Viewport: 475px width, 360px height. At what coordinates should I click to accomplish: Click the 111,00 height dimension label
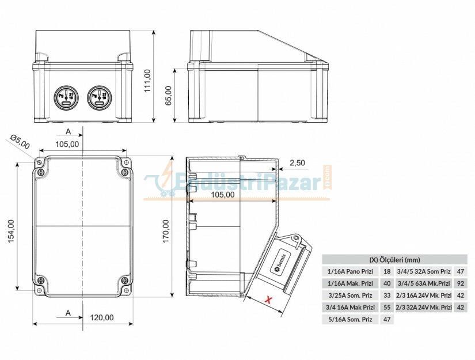(147, 81)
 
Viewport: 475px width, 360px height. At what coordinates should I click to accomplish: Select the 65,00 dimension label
(168, 96)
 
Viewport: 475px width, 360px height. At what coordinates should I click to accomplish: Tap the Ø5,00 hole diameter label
(20, 141)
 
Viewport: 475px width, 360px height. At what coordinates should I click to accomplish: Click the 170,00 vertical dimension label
(166, 230)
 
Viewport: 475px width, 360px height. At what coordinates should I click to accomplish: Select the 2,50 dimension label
(297, 163)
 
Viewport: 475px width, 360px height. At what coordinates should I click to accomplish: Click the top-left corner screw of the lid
(40, 172)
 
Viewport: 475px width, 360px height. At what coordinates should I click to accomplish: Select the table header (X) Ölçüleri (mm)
(394, 259)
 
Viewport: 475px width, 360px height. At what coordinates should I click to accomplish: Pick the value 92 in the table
(460, 283)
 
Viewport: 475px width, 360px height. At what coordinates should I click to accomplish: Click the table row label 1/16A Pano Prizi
(351, 271)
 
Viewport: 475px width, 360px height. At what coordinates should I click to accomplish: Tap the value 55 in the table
(387, 307)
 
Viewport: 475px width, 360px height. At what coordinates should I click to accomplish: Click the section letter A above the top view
(67, 132)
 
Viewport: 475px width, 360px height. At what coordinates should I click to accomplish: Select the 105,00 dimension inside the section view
(222, 194)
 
